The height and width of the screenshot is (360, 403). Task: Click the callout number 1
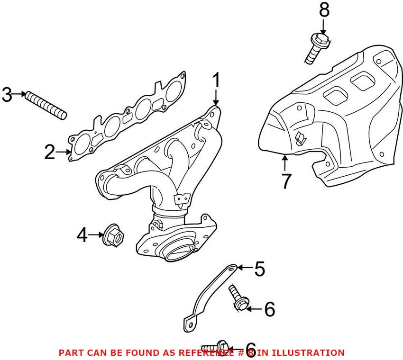tap(216, 81)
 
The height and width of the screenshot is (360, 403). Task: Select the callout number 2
tap(50, 153)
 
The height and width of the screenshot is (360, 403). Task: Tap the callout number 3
tap(7, 94)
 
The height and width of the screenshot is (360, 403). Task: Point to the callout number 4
tap(82, 234)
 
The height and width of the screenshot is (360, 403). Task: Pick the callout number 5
tap(259, 269)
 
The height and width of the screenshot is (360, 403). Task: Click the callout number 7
tap(285, 181)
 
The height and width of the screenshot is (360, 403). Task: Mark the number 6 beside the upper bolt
tap(269, 310)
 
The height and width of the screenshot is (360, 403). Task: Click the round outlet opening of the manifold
tap(179, 251)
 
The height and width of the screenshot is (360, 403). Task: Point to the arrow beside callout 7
tap(284, 163)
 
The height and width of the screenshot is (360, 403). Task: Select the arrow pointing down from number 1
tap(216, 98)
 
